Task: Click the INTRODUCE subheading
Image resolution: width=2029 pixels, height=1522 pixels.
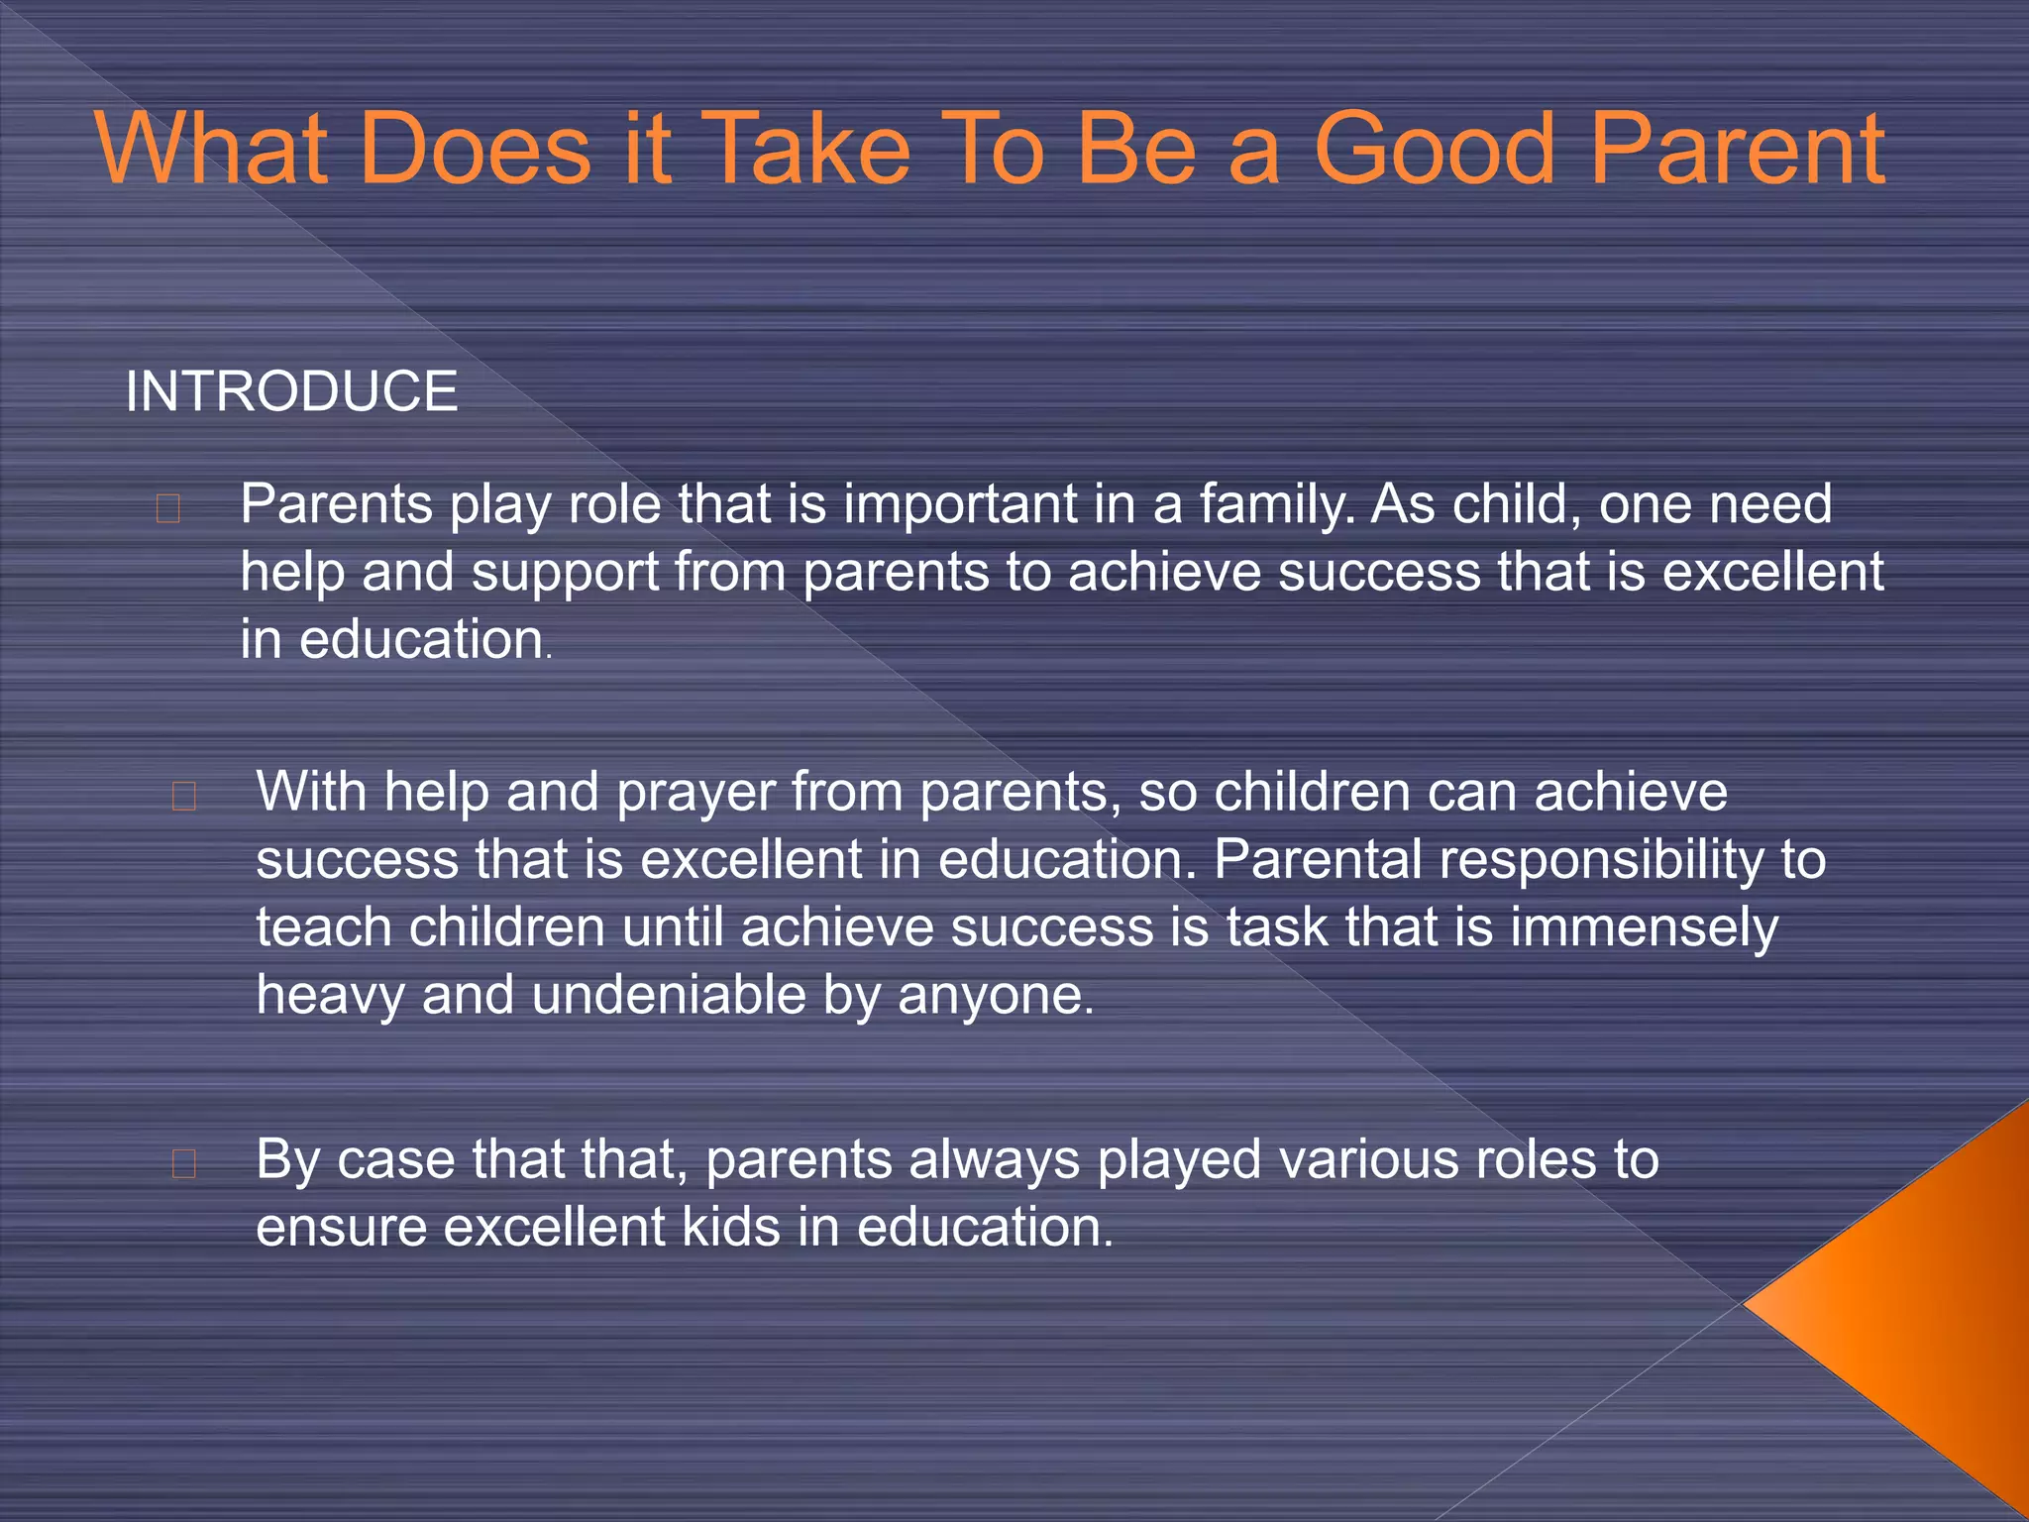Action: pyautogui.click(x=291, y=390)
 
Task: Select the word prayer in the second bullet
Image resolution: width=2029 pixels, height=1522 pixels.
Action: pyautogui.click(x=695, y=793)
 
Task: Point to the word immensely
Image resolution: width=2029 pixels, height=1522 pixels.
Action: pyautogui.click(x=1644, y=928)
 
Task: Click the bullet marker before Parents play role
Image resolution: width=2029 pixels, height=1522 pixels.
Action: pyautogui.click(x=168, y=508)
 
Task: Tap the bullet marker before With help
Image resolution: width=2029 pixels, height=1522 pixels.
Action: pyautogui.click(x=184, y=797)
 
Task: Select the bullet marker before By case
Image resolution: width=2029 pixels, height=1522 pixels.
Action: pyautogui.click(x=184, y=1163)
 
